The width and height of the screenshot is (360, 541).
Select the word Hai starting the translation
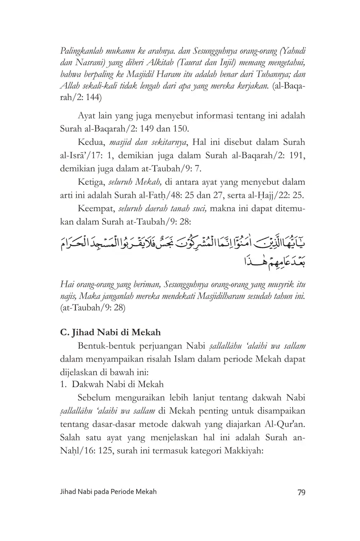[x=66, y=285]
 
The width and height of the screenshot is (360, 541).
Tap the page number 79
[x=301, y=492]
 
